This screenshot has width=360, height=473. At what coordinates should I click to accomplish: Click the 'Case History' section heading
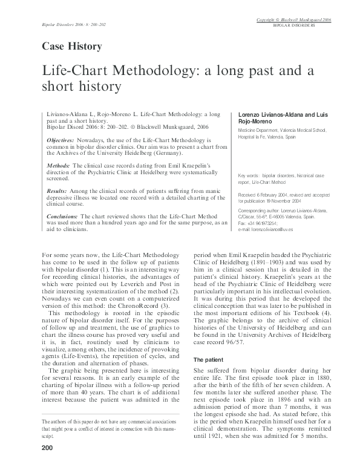pos(71,46)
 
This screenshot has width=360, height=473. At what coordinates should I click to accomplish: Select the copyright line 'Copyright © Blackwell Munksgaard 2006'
pos(293,20)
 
